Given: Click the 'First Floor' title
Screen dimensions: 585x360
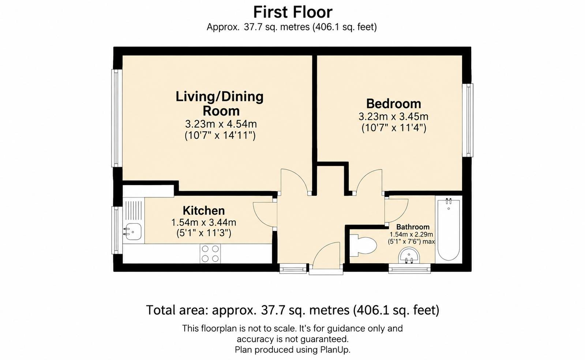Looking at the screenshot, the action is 293,12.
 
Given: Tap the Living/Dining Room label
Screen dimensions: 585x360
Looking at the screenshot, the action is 220,104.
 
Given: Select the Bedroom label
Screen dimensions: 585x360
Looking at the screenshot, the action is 394,104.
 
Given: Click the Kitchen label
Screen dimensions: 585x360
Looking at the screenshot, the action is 204,211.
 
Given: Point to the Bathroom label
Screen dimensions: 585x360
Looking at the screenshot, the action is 413,227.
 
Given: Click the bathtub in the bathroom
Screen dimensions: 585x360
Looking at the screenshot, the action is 449,229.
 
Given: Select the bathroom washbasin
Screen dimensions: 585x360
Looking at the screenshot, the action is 409,256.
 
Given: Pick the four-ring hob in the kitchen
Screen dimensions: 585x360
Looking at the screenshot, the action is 210,254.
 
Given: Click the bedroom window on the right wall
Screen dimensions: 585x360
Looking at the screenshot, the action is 468,120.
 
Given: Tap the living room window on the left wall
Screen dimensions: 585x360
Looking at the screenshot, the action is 117,118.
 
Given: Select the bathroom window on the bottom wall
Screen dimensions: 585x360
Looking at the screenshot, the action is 409,268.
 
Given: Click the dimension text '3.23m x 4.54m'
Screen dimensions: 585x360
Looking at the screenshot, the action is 221,124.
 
